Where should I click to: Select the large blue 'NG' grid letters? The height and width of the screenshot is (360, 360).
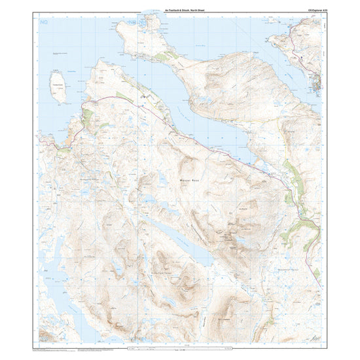(x=44, y=23)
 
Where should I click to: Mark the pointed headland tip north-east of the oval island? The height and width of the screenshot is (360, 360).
(x=99, y=61)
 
